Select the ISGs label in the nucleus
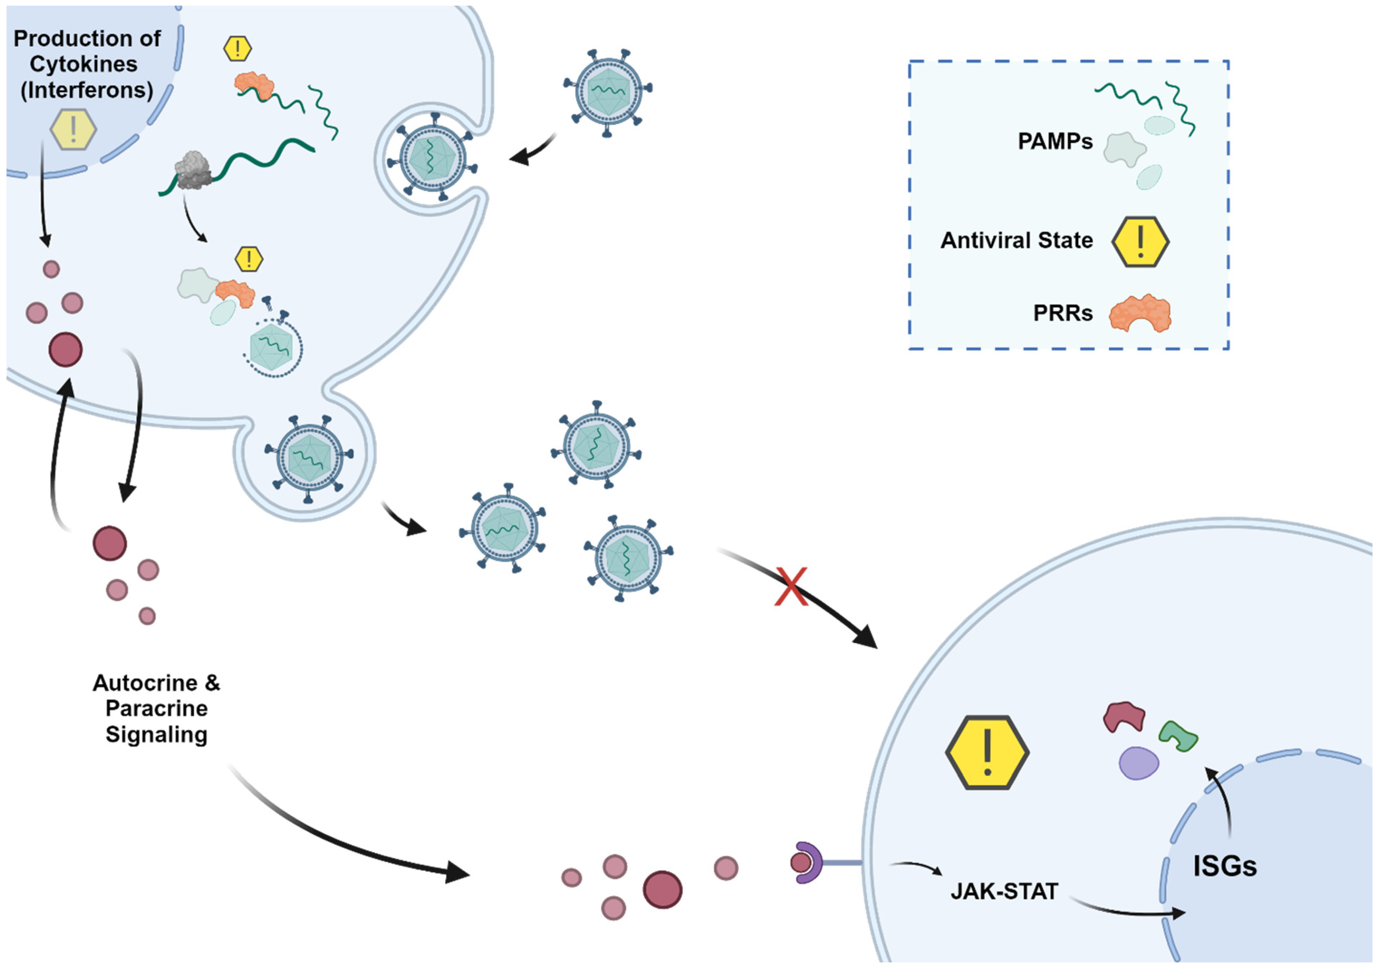coord(1225,866)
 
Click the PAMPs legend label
coord(1055,141)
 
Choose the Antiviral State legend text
coord(1016,240)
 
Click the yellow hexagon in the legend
coord(1140,241)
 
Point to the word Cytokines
coord(84,64)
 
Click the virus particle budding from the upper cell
coord(309,458)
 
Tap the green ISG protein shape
coord(1178,735)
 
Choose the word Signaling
coord(156,735)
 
